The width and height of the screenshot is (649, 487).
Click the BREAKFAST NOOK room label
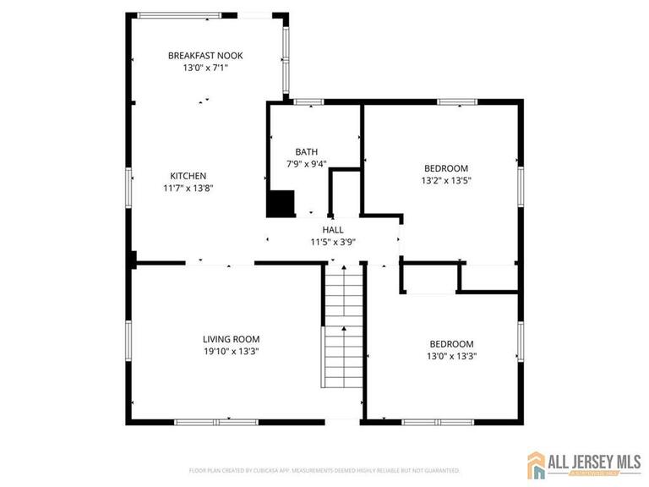point(205,55)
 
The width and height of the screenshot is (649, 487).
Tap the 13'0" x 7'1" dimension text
point(205,68)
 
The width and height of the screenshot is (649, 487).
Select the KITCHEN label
point(188,176)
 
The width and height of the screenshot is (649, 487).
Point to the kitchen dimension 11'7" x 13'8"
point(188,189)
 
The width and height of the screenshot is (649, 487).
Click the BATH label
point(307,152)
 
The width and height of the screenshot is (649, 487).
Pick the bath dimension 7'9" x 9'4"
point(307,164)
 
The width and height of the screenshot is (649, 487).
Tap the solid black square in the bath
point(281,204)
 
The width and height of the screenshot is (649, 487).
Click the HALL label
point(333,230)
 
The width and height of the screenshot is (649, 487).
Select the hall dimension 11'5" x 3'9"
point(333,242)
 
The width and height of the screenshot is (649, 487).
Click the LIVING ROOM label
point(231,339)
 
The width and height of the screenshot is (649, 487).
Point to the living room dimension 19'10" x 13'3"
point(231,351)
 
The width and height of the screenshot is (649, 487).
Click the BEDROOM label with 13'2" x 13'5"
point(445,168)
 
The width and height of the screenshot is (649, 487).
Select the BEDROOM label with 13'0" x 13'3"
point(451,344)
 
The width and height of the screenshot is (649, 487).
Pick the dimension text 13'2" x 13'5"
point(445,180)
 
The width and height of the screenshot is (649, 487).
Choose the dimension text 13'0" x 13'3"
point(451,356)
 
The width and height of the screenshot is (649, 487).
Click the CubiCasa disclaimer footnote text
point(324,469)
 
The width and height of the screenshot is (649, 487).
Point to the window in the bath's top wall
point(309,102)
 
